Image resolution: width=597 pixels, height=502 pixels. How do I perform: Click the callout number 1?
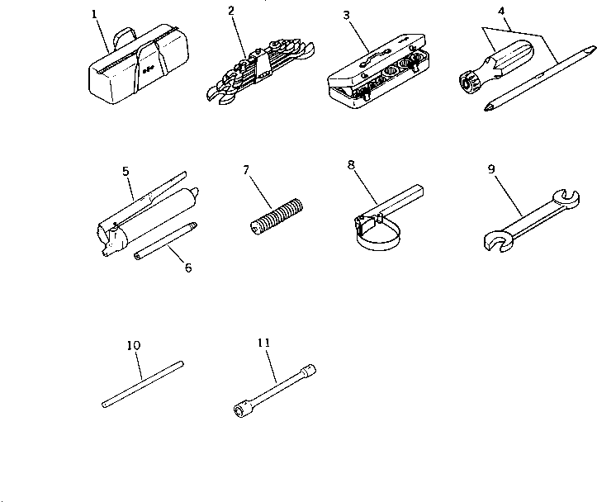click(x=95, y=14)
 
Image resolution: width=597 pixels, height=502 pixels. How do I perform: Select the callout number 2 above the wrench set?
click(x=231, y=10)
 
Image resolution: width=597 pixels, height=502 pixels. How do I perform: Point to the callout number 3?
click(x=347, y=14)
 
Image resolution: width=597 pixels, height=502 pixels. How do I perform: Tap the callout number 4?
click(x=502, y=11)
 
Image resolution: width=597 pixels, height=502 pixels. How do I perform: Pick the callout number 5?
click(x=126, y=171)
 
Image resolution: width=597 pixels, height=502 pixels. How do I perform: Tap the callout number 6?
click(x=188, y=268)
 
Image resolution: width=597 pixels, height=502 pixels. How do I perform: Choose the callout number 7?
click(x=245, y=171)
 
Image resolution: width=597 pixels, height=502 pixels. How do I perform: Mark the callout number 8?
click(x=352, y=164)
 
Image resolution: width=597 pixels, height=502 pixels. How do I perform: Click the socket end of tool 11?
click(x=244, y=407)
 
